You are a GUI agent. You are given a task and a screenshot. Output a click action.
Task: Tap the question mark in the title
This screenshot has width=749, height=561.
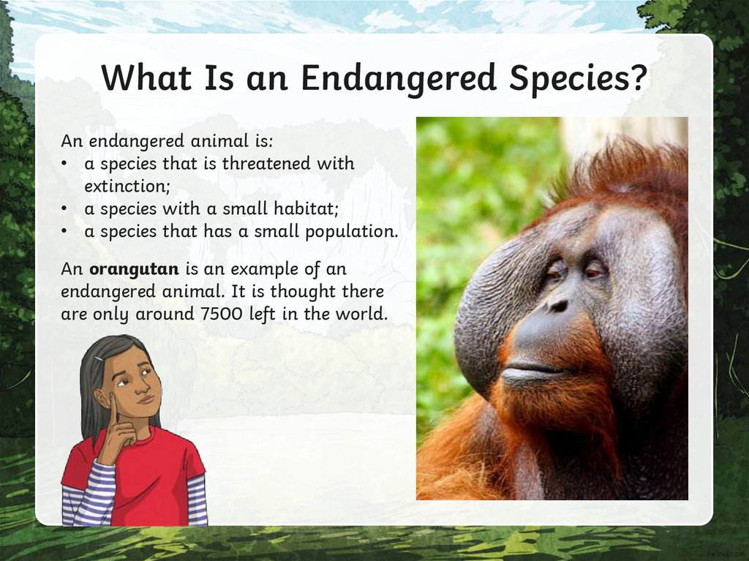[x=637, y=78]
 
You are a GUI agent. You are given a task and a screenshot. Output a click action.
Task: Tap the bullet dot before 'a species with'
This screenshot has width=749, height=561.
[x=66, y=209]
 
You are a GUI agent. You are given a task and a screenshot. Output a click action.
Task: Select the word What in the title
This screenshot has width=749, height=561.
[x=143, y=78]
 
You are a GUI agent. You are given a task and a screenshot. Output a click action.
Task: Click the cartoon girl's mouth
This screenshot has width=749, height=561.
[x=146, y=399]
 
